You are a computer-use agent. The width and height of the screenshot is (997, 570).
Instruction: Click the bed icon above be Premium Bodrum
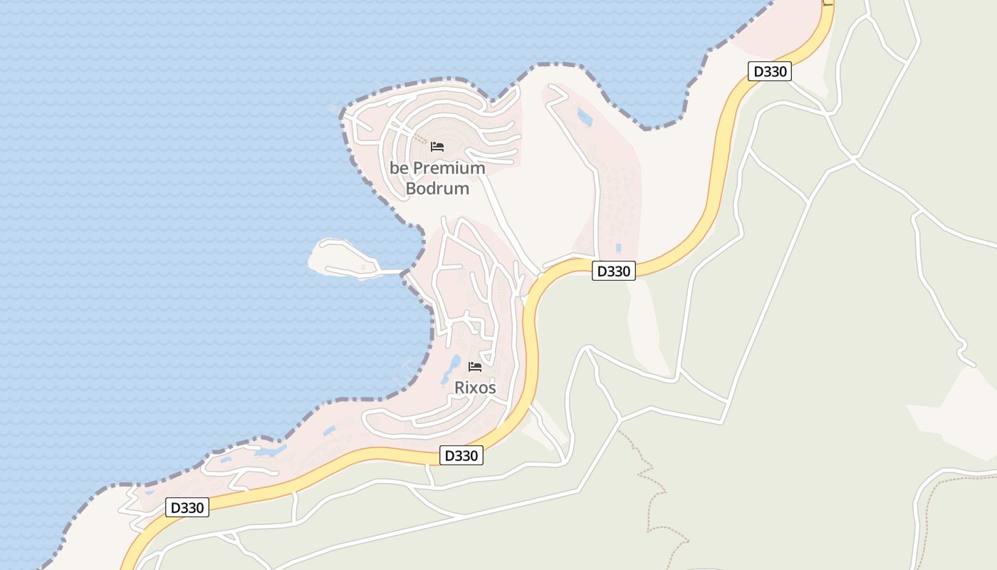[x=437, y=147]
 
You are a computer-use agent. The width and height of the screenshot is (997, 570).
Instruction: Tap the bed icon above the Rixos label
[x=475, y=367]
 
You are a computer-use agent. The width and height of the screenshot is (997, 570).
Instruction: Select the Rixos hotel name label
[x=475, y=388]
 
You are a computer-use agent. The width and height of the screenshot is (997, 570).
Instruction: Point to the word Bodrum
[x=437, y=189]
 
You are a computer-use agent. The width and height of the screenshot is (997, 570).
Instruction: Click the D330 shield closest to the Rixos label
[x=461, y=455]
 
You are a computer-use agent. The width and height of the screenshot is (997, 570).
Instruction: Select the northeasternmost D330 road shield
[x=770, y=71]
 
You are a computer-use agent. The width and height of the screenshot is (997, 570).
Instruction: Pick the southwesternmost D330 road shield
[x=187, y=508]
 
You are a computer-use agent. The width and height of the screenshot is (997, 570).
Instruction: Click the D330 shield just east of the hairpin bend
[x=613, y=271]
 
